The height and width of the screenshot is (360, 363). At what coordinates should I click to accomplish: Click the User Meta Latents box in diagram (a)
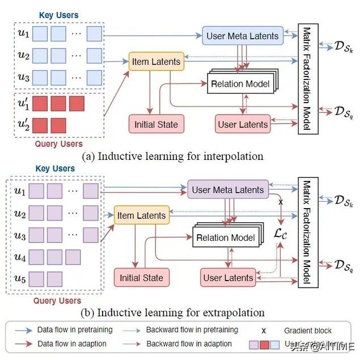242,36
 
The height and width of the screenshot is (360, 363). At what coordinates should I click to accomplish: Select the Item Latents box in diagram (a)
156,61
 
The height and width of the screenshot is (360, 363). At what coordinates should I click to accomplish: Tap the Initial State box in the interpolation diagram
156,124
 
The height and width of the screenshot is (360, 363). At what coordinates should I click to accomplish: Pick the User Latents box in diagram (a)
243,124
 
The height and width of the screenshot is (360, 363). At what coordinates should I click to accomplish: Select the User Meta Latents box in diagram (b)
227,190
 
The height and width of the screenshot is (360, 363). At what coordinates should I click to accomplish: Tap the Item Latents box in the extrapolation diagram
141,215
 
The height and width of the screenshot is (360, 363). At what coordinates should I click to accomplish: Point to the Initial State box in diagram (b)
141,278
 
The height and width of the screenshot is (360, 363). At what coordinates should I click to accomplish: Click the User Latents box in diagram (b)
227,278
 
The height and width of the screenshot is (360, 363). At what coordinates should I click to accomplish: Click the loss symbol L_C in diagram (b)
281,233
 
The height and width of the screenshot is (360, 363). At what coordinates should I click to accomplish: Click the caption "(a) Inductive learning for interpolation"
172,155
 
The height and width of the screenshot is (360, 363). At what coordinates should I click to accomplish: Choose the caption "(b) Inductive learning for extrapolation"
173,312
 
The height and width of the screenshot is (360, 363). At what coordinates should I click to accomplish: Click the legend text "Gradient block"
307,330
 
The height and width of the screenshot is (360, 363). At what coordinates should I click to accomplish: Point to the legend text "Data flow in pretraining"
75,330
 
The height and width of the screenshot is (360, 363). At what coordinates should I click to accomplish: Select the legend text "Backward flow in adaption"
189,344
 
